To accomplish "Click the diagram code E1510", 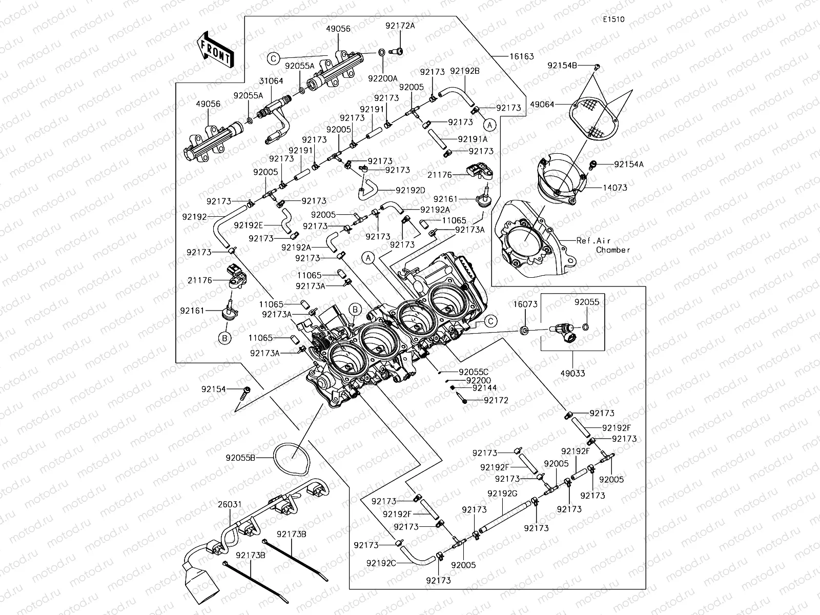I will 613,19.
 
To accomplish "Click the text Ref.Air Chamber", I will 603,245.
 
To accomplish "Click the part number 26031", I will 230,504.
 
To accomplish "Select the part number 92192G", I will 502,493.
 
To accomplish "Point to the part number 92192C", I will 381,562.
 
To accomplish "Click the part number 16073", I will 525,304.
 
